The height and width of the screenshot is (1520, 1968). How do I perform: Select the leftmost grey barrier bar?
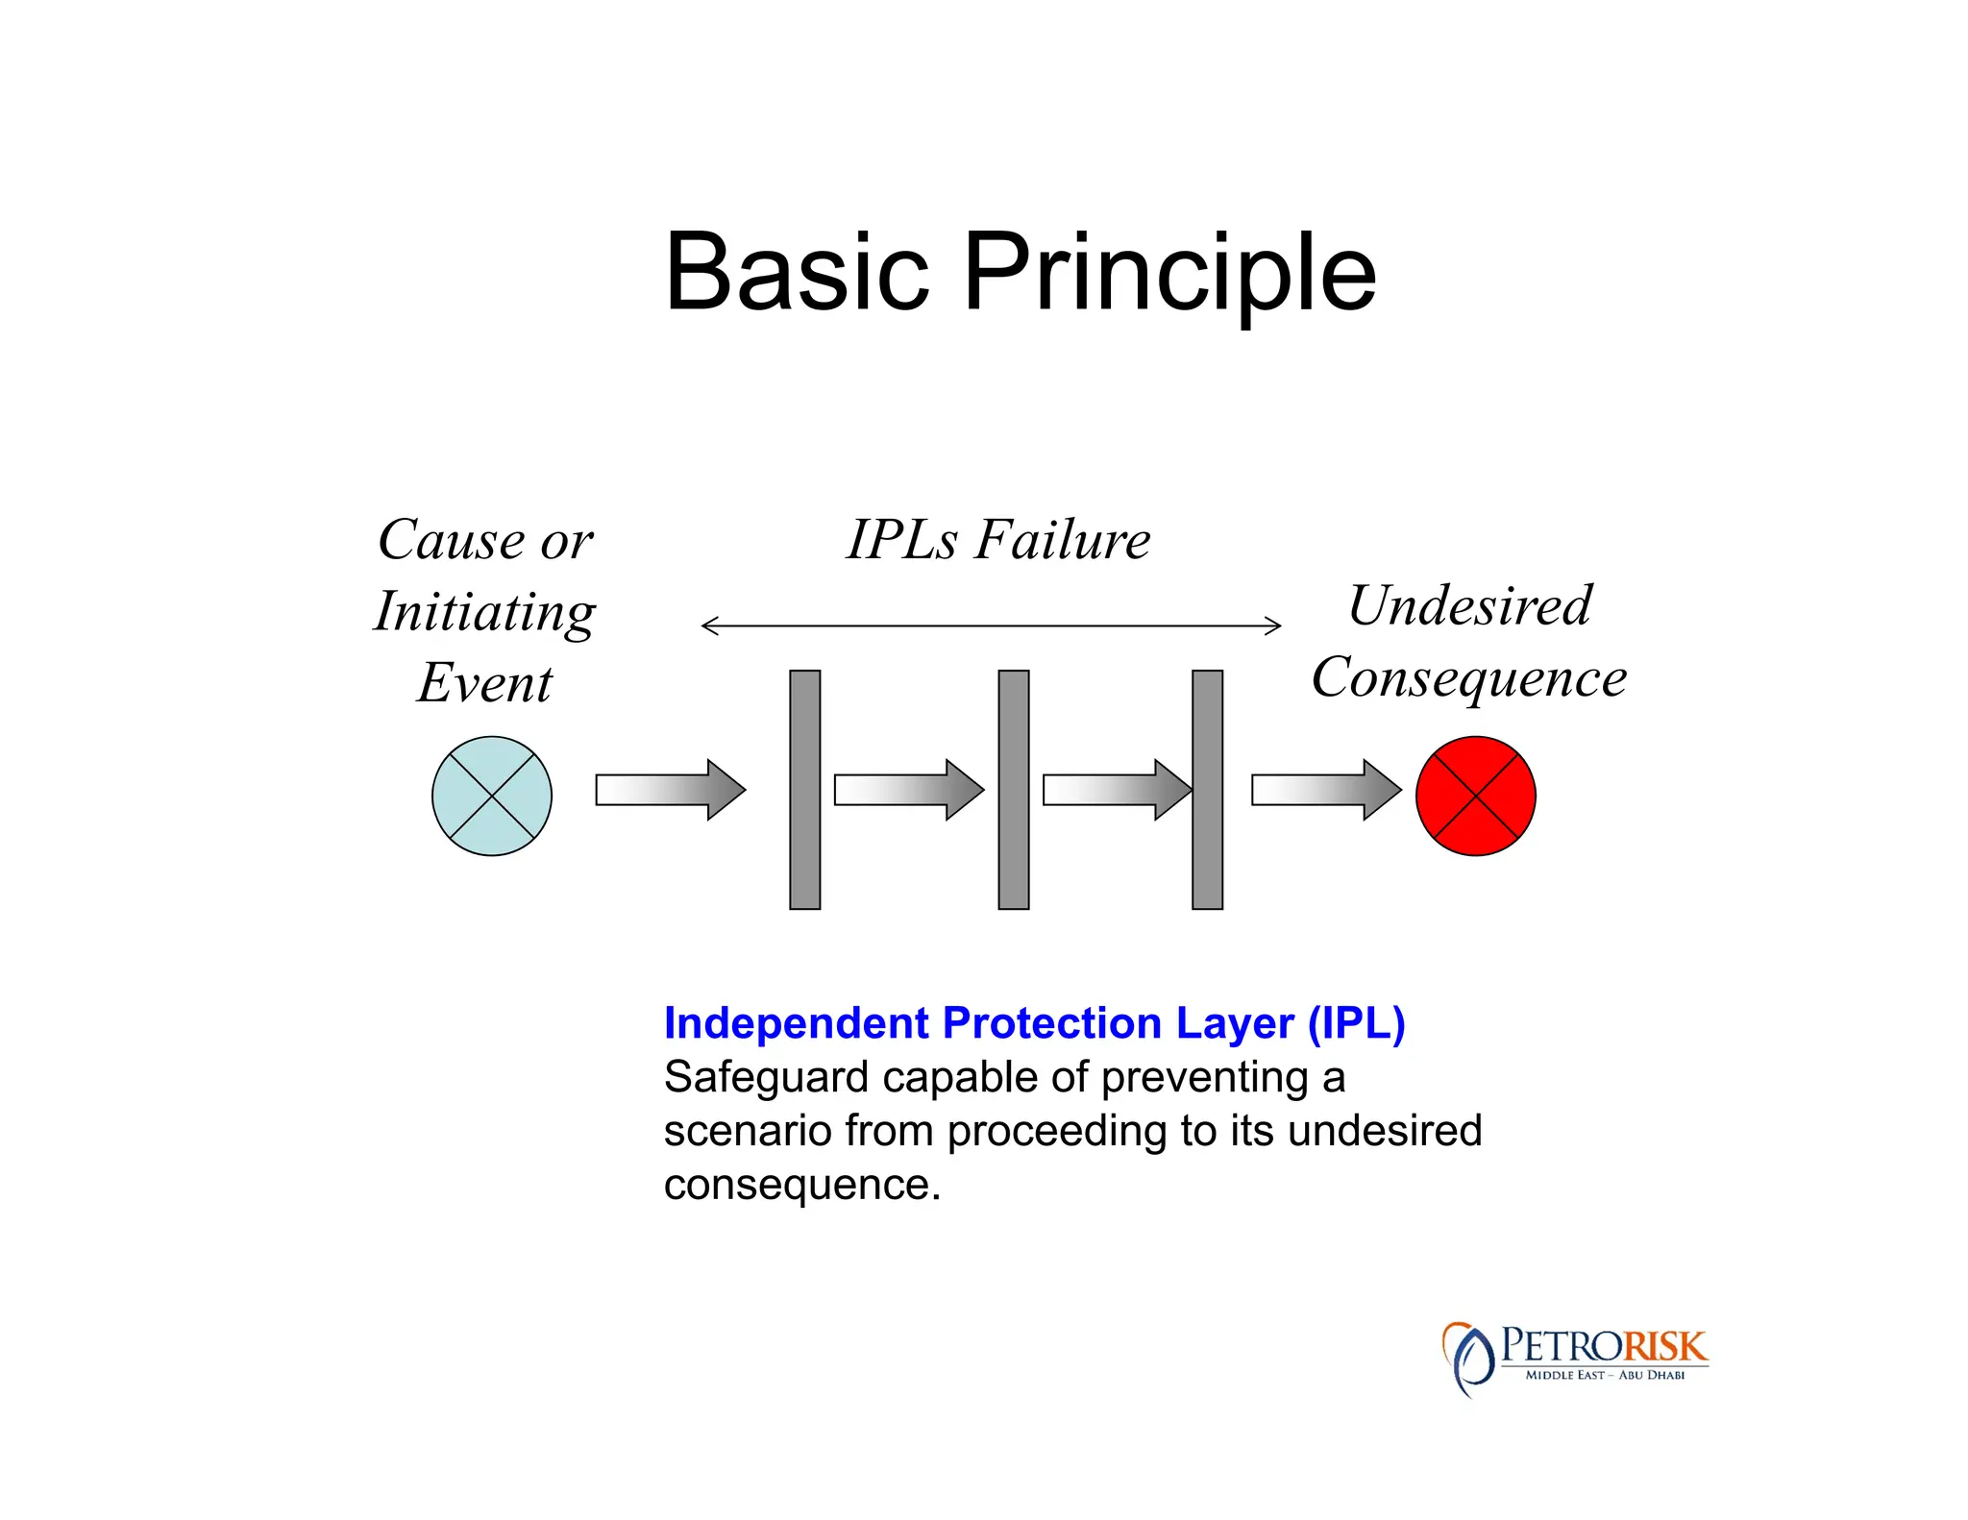tap(805, 789)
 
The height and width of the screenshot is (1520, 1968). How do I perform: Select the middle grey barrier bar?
tap(1014, 789)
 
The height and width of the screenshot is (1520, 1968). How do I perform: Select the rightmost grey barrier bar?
tap(1208, 789)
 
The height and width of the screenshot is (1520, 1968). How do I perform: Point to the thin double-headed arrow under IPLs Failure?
tap(991, 626)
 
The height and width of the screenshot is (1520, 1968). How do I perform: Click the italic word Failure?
tap(1063, 539)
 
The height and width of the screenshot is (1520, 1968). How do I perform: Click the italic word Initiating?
tap(485, 612)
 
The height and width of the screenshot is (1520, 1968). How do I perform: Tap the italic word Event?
tap(485, 683)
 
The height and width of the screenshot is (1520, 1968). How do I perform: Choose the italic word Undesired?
tap(1470, 605)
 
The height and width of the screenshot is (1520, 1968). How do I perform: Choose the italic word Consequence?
tap(1469, 678)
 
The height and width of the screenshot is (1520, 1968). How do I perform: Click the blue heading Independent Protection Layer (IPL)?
tap(1034, 1023)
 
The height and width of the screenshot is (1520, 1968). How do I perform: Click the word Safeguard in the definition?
tap(766, 1078)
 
